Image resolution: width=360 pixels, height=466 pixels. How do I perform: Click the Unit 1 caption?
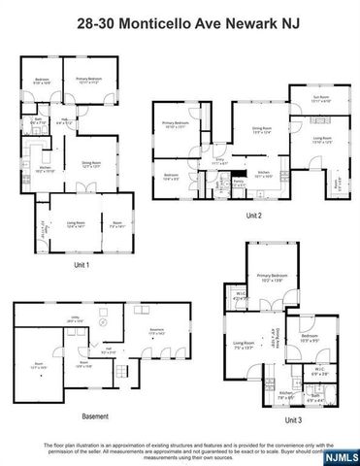pyautogui.click(x=81, y=264)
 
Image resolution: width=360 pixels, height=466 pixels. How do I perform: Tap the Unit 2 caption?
pyautogui.click(x=253, y=215)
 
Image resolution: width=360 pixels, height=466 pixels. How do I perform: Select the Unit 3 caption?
pyautogui.click(x=292, y=420)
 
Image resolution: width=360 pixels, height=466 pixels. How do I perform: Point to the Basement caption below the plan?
pyautogui.click(x=95, y=416)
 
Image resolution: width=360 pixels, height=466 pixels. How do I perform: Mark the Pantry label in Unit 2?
pyautogui.click(x=237, y=180)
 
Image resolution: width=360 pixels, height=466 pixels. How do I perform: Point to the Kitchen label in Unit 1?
pyautogui.click(x=45, y=167)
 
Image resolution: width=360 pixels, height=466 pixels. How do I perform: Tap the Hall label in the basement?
pyautogui.click(x=110, y=350)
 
